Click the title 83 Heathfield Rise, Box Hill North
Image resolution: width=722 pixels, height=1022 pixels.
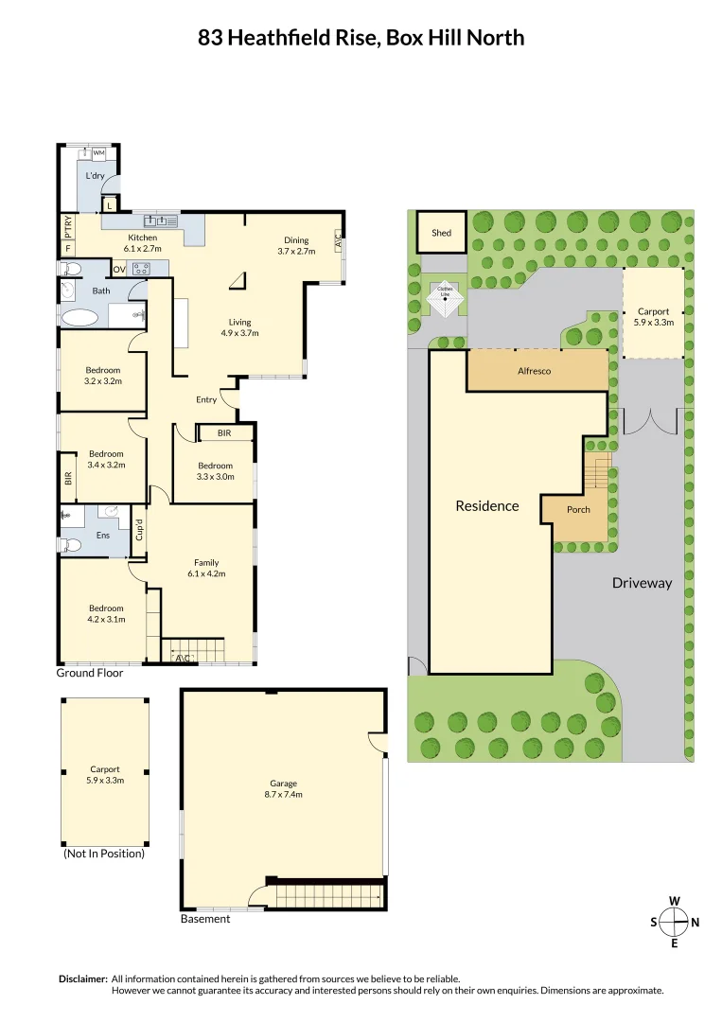(x=361, y=38)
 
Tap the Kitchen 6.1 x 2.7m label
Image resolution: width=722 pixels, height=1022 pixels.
(x=142, y=242)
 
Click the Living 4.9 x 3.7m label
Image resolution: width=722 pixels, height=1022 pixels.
(x=239, y=327)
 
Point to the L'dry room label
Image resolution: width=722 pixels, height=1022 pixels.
(x=95, y=176)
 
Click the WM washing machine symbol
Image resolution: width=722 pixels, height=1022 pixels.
(x=98, y=152)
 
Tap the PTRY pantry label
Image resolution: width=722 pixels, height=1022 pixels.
(x=68, y=227)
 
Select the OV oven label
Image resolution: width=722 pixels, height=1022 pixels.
(x=120, y=268)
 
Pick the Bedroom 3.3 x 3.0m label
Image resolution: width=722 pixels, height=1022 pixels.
(x=216, y=471)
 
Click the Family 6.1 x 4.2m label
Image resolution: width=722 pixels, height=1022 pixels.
(x=206, y=568)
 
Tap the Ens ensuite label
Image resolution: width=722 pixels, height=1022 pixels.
(x=103, y=535)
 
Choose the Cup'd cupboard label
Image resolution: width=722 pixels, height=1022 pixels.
(x=138, y=530)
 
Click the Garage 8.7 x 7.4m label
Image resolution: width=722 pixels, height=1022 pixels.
(x=283, y=788)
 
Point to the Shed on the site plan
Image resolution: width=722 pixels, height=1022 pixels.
(x=441, y=232)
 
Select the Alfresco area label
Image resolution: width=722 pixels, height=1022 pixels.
(x=534, y=371)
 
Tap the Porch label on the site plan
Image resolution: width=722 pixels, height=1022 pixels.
(x=578, y=509)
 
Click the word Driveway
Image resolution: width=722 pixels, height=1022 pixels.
(x=641, y=583)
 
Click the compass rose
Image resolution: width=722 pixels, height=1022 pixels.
(x=674, y=921)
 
